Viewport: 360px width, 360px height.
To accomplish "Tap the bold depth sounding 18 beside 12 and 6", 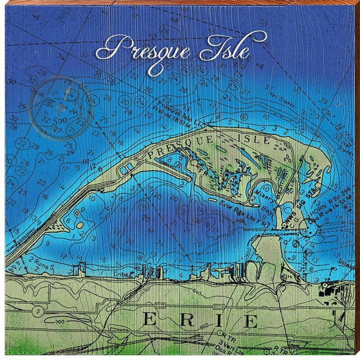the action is [x=85, y=161].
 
